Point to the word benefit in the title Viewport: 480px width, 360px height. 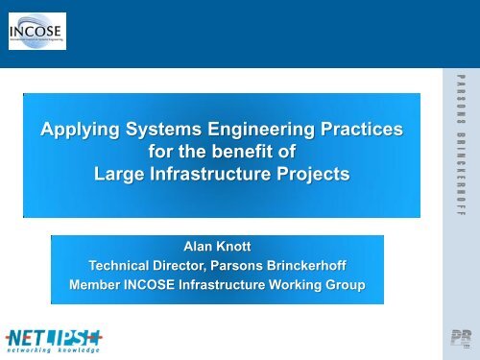click(242, 153)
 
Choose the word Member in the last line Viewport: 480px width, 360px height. click(100, 285)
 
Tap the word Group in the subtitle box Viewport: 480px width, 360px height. click(348, 285)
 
